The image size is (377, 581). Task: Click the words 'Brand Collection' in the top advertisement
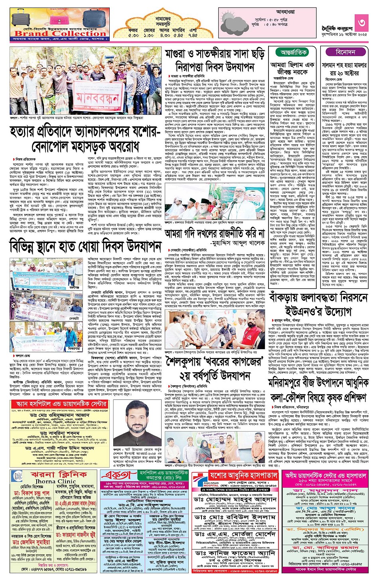[x=60, y=33]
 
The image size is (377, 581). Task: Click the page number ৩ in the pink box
[x=361, y=22]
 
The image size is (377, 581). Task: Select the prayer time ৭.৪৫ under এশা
[x=193, y=35]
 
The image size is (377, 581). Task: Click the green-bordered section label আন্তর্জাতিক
[x=294, y=53]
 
